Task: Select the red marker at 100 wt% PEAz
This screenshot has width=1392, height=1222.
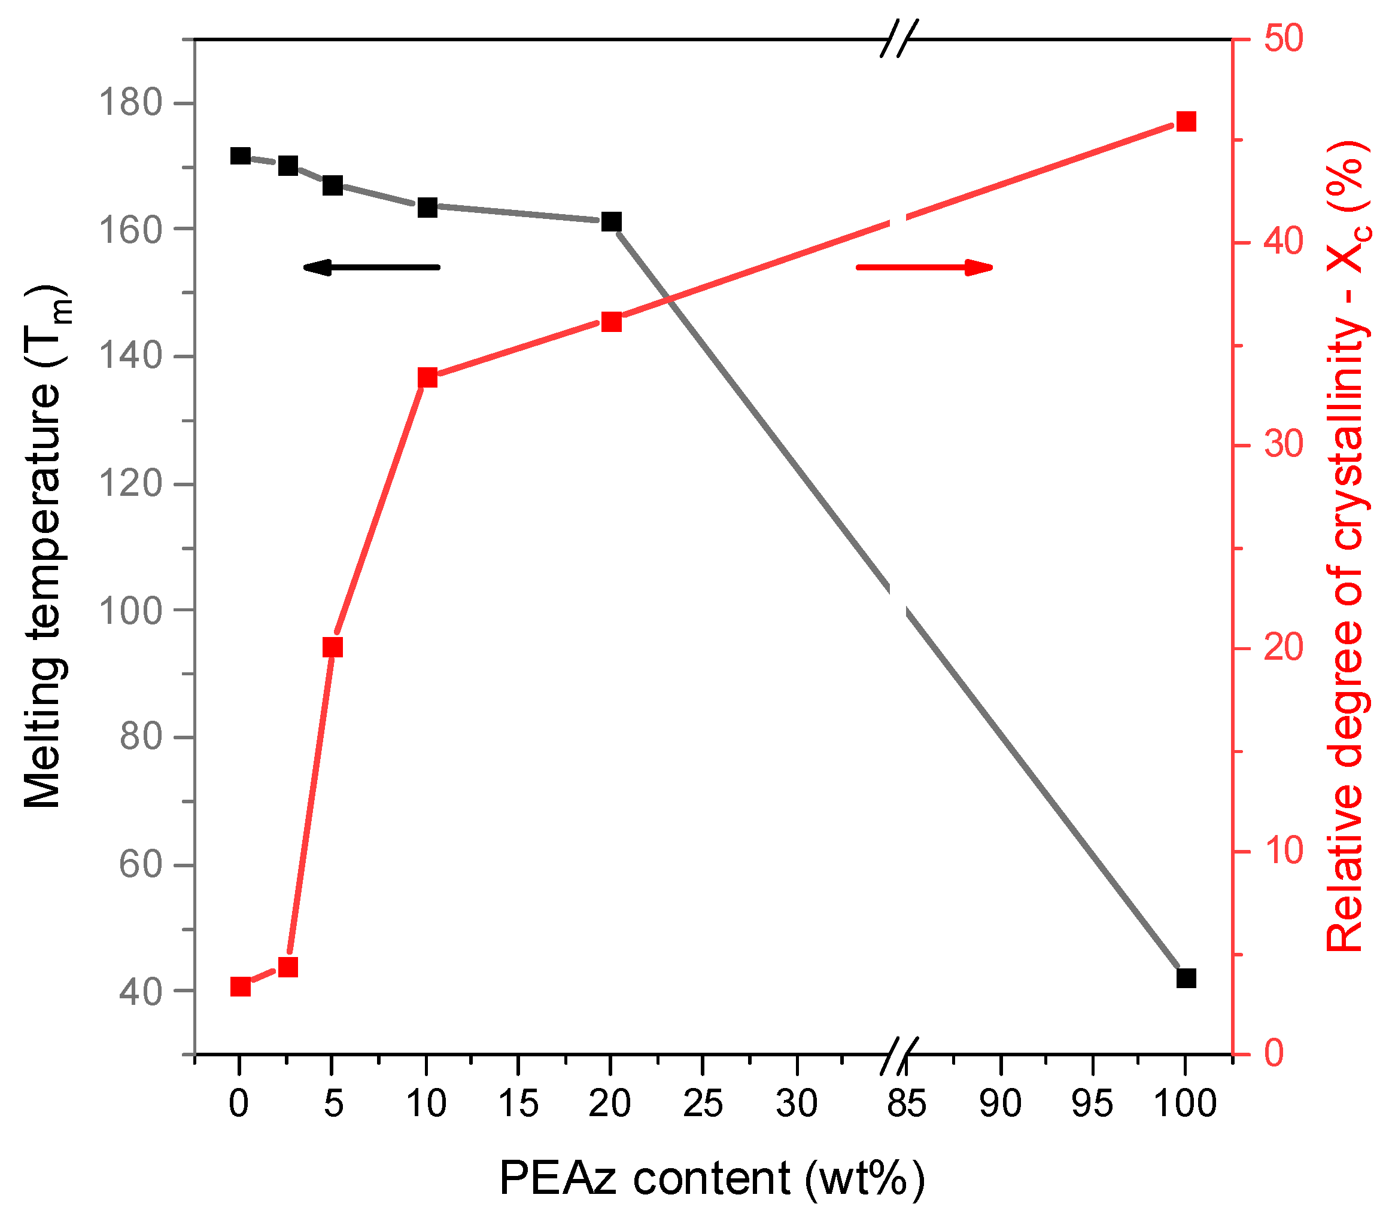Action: (1186, 123)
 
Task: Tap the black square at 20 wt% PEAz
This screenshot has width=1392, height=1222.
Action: (612, 221)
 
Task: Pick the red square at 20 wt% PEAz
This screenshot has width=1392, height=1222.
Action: (612, 322)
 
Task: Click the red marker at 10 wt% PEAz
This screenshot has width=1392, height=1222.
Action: (427, 378)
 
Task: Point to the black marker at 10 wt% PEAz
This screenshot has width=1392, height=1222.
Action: (427, 208)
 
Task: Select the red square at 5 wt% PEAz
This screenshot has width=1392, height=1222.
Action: (332, 647)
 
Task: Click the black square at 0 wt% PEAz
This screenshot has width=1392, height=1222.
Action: (241, 156)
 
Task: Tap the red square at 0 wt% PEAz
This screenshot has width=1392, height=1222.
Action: (241, 987)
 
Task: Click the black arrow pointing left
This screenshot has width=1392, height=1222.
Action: (371, 267)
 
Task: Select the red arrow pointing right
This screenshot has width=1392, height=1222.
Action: (924, 267)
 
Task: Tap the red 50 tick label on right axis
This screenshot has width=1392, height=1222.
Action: (1283, 39)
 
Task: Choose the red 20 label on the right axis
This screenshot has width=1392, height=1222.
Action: (1283, 648)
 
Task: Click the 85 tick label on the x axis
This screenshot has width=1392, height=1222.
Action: (907, 1104)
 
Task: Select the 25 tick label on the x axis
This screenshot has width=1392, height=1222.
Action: (702, 1104)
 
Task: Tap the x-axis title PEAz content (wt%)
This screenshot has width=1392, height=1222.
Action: (712, 1178)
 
